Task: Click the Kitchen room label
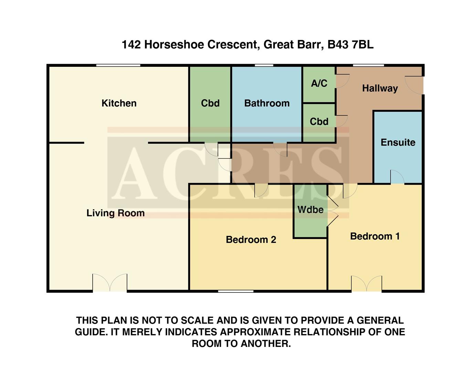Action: (119, 103)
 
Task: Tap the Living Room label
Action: (115, 213)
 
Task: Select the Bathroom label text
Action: (267, 103)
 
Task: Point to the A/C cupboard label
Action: (319, 83)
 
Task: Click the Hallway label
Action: (380, 89)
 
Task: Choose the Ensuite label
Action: (398, 143)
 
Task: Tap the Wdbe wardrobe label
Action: (310, 210)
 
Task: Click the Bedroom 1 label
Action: (375, 236)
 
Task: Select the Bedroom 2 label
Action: (251, 240)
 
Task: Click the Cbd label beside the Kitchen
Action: (210, 103)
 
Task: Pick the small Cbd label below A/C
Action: (319, 122)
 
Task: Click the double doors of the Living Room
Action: (110, 283)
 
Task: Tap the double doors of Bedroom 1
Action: (366, 284)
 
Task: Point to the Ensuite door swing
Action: (397, 177)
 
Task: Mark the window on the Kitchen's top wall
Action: (118, 65)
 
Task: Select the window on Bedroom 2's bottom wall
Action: (236, 291)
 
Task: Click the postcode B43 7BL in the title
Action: (350, 45)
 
